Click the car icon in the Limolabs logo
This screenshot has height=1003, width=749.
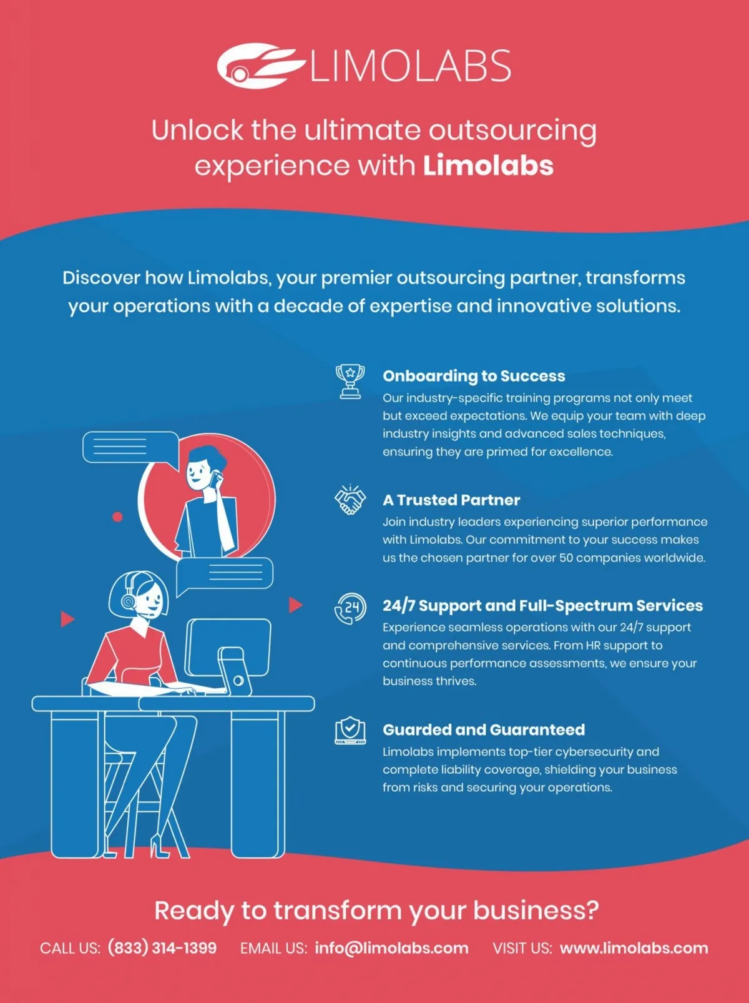tap(259, 65)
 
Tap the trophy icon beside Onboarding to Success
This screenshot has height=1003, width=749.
tap(350, 381)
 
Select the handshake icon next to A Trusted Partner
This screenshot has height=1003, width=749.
tap(350, 500)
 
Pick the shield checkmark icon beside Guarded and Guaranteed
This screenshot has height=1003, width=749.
tap(350, 730)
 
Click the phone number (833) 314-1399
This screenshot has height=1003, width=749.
tap(162, 948)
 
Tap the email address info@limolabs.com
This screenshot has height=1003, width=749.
tap(391, 948)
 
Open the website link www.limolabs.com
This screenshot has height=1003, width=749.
tap(634, 948)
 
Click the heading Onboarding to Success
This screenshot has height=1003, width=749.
tap(474, 376)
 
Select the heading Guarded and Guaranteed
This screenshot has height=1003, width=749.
tap(484, 729)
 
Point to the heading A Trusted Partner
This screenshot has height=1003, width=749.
tap(451, 500)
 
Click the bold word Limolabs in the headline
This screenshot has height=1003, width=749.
tap(488, 166)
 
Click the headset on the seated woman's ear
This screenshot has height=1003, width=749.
tap(129, 601)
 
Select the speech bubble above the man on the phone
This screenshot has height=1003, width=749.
tap(130, 447)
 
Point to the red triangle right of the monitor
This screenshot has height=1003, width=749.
tap(295, 605)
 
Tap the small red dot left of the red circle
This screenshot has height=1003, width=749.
tap(117, 516)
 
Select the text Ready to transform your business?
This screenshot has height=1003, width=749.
tap(376, 910)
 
